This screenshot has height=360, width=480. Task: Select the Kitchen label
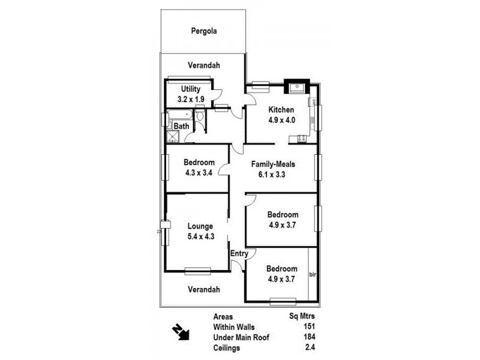click(x=281, y=110)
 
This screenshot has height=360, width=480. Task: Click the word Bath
click(x=182, y=126)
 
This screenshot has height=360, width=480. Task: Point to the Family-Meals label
click(x=273, y=164)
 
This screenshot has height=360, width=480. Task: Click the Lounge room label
click(x=200, y=226)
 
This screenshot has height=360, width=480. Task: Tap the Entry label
click(x=239, y=254)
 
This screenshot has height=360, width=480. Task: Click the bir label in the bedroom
click(x=312, y=275)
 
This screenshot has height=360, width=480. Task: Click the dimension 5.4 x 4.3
click(x=200, y=236)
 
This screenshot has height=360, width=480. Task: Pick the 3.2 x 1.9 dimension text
click(x=190, y=100)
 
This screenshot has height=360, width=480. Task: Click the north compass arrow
click(x=181, y=331)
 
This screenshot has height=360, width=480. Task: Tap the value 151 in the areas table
click(x=310, y=326)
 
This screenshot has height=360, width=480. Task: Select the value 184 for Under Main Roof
click(x=310, y=337)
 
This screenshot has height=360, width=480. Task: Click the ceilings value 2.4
click(x=310, y=348)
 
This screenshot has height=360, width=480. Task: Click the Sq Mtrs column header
click(x=302, y=316)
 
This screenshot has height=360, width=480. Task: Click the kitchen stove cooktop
click(x=298, y=139)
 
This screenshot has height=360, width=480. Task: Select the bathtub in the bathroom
click(x=179, y=116)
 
